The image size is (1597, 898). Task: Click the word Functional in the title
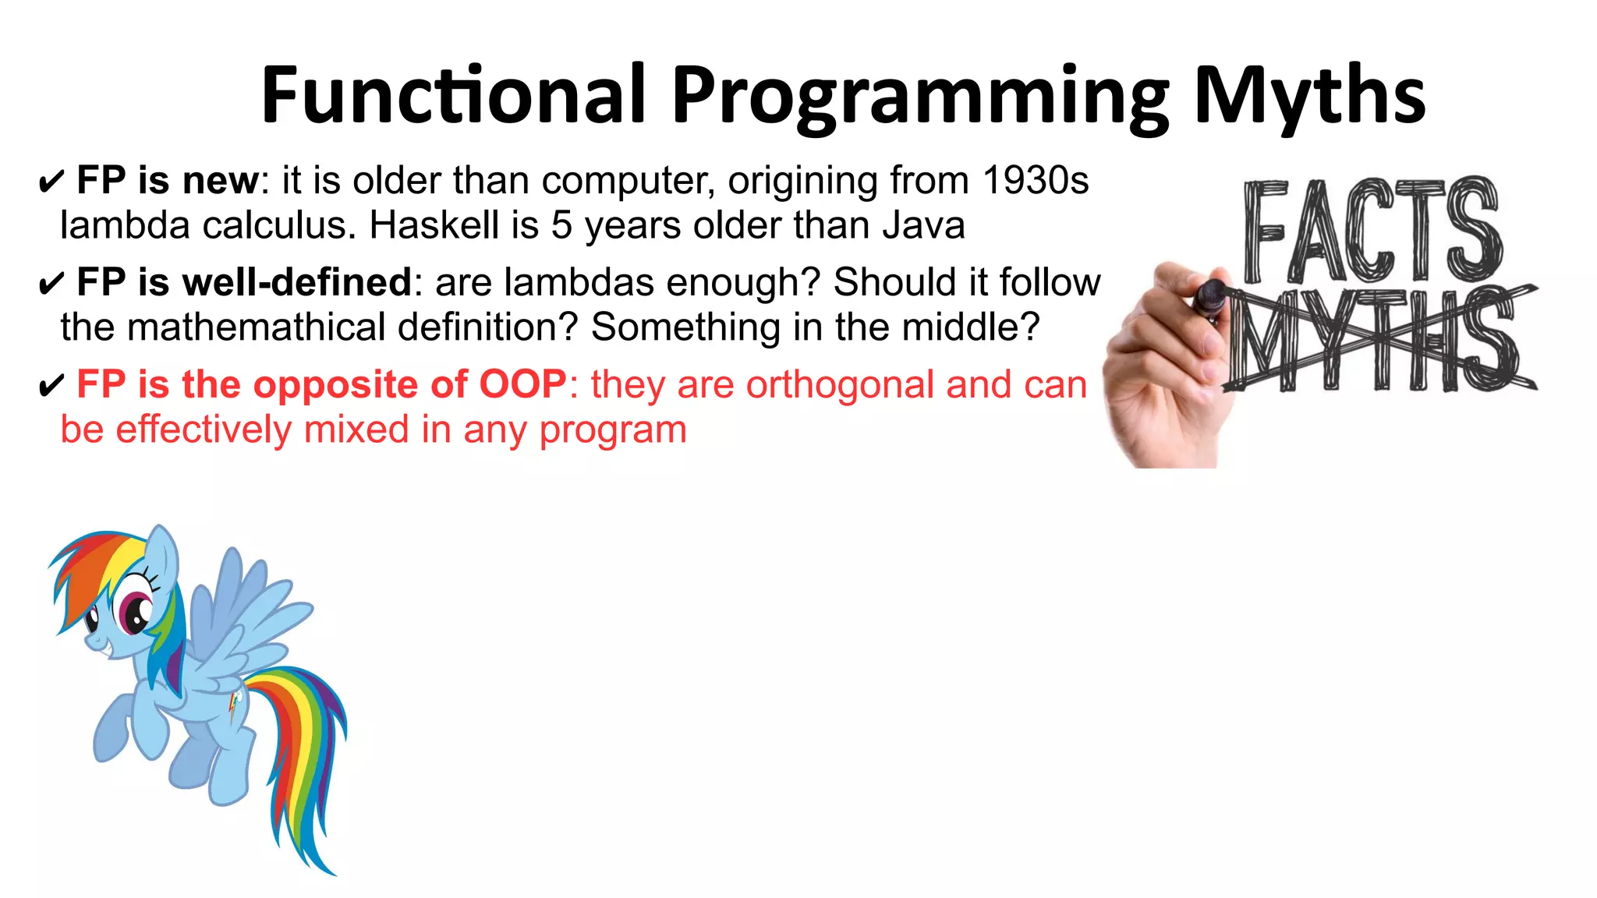point(453,95)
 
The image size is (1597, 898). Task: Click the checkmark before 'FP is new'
point(50,183)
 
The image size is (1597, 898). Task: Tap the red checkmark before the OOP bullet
point(50,387)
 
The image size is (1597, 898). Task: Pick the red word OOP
point(522,384)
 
